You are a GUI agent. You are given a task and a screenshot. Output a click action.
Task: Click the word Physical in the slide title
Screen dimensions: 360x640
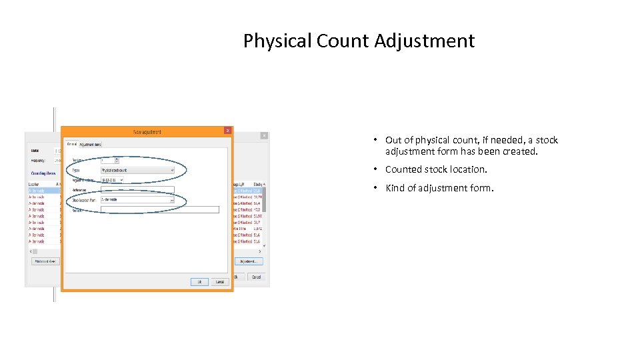pos(278,41)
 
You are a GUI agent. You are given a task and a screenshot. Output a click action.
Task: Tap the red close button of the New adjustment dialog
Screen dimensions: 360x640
pos(227,131)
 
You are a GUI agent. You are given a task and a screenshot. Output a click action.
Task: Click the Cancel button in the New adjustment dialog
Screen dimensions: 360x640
pos(219,282)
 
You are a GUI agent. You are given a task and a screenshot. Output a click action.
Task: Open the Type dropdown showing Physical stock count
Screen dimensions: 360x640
pos(137,170)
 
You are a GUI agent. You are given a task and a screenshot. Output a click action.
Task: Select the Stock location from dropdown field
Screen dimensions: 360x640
pos(137,199)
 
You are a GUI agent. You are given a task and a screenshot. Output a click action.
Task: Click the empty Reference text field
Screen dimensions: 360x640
pos(137,189)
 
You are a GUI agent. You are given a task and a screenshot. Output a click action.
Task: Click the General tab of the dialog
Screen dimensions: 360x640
pos(71,144)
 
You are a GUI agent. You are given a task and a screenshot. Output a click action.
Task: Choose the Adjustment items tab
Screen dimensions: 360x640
pos(91,144)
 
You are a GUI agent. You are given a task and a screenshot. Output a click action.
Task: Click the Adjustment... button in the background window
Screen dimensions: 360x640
pos(249,261)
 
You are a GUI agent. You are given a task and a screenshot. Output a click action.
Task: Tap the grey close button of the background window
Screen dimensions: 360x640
pos(263,135)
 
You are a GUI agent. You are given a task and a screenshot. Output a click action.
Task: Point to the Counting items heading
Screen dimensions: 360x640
pos(43,173)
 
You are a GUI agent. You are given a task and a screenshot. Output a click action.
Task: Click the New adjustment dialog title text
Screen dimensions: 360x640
pos(147,131)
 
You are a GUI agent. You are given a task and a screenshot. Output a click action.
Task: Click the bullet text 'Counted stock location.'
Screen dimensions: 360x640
pos(436,169)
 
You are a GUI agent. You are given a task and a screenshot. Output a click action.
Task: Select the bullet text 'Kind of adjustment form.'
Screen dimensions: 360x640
pos(439,188)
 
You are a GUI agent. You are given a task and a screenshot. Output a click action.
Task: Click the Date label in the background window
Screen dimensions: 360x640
pos(35,151)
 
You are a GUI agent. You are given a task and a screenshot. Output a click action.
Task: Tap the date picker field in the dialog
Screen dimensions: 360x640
pos(112,180)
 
